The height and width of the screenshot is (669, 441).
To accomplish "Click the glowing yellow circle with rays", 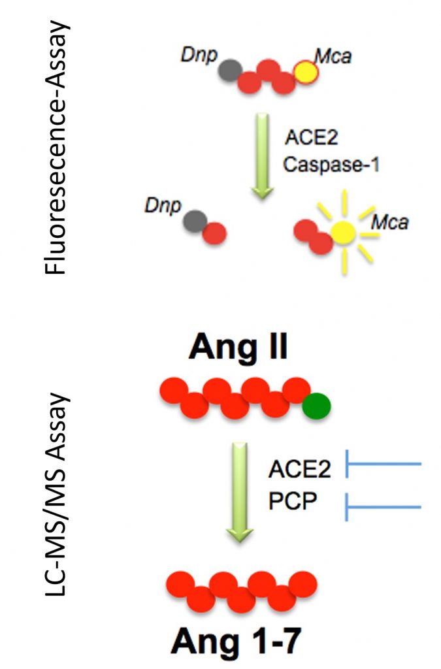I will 343,231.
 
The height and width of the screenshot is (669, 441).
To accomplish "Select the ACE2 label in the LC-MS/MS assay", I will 299,468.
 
